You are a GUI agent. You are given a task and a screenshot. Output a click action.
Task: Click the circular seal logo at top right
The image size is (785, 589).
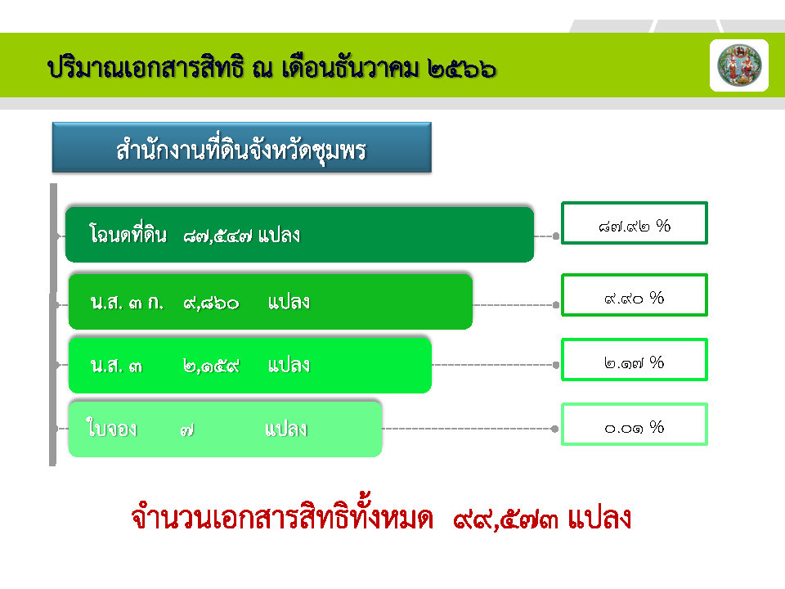pyautogui.click(x=739, y=65)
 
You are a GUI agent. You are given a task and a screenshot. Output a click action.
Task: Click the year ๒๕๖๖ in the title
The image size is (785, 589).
pyautogui.click(x=461, y=69)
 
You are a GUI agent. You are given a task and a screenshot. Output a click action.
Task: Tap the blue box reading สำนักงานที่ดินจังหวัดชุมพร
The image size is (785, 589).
pyautogui.click(x=242, y=147)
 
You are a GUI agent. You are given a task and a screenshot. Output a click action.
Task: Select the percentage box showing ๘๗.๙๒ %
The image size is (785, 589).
pyautogui.click(x=635, y=223)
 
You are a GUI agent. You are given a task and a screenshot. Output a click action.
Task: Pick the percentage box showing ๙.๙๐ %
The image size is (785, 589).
pyautogui.click(x=635, y=295)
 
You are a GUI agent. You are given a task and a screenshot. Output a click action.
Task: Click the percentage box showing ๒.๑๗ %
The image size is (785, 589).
pyautogui.click(x=635, y=360)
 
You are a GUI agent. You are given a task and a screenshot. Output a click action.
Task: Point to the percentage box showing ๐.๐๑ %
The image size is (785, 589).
pyautogui.click(x=635, y=425)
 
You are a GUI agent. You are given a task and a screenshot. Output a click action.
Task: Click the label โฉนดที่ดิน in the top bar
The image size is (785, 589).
pyautogui.click(x=128, y=234)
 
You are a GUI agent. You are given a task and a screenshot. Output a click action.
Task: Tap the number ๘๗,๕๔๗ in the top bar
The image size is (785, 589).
pyautogui.click(x=218, y=236)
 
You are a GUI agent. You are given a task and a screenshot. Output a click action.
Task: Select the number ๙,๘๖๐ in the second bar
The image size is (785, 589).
pyautogui.click(x=211, y=303)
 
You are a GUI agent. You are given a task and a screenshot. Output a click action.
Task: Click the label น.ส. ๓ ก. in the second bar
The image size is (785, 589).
pyautogui.click(x=128, y=303)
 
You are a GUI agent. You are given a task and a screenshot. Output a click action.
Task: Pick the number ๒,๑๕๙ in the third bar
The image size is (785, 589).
pyautogui.click(x=211, y=366)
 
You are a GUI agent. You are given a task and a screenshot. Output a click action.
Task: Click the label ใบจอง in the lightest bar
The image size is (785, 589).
pyautogui.click(x=112, y=428)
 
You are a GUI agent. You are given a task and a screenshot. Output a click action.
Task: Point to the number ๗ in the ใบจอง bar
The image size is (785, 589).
pyautogui.click(x=187, y=430)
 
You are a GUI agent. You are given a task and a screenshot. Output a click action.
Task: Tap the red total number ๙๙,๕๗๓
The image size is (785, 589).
pyautogui.click(x=505, y=519)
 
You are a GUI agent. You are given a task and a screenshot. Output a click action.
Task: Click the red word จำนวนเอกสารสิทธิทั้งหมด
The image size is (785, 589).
pyautogui.click(x=282, y=516)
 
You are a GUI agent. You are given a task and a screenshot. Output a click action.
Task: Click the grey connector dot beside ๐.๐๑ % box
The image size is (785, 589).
pyautogui.click(x=554, y=429)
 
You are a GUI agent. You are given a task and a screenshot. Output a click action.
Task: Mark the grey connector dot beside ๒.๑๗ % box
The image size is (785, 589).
pyautogui.click(x=556, y=365)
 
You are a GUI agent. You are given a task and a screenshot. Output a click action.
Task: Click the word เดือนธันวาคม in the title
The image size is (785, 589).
pyautogui.click(x=350, y=68)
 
